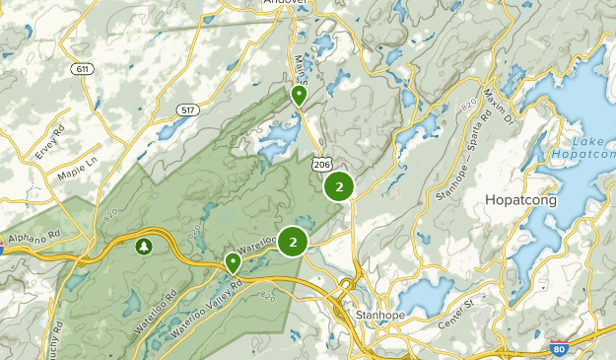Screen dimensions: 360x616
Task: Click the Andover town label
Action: click(x=286, y=4)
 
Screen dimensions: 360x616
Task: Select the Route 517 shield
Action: click(x=187, y=108)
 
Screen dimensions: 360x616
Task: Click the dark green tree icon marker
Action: click(x=144, y=245)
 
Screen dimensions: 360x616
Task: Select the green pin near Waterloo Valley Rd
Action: click(x=233, y=262)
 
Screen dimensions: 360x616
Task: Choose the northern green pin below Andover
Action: click(x=299, y=95)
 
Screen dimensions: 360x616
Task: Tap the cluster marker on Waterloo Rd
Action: click(x=293, y=242)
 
